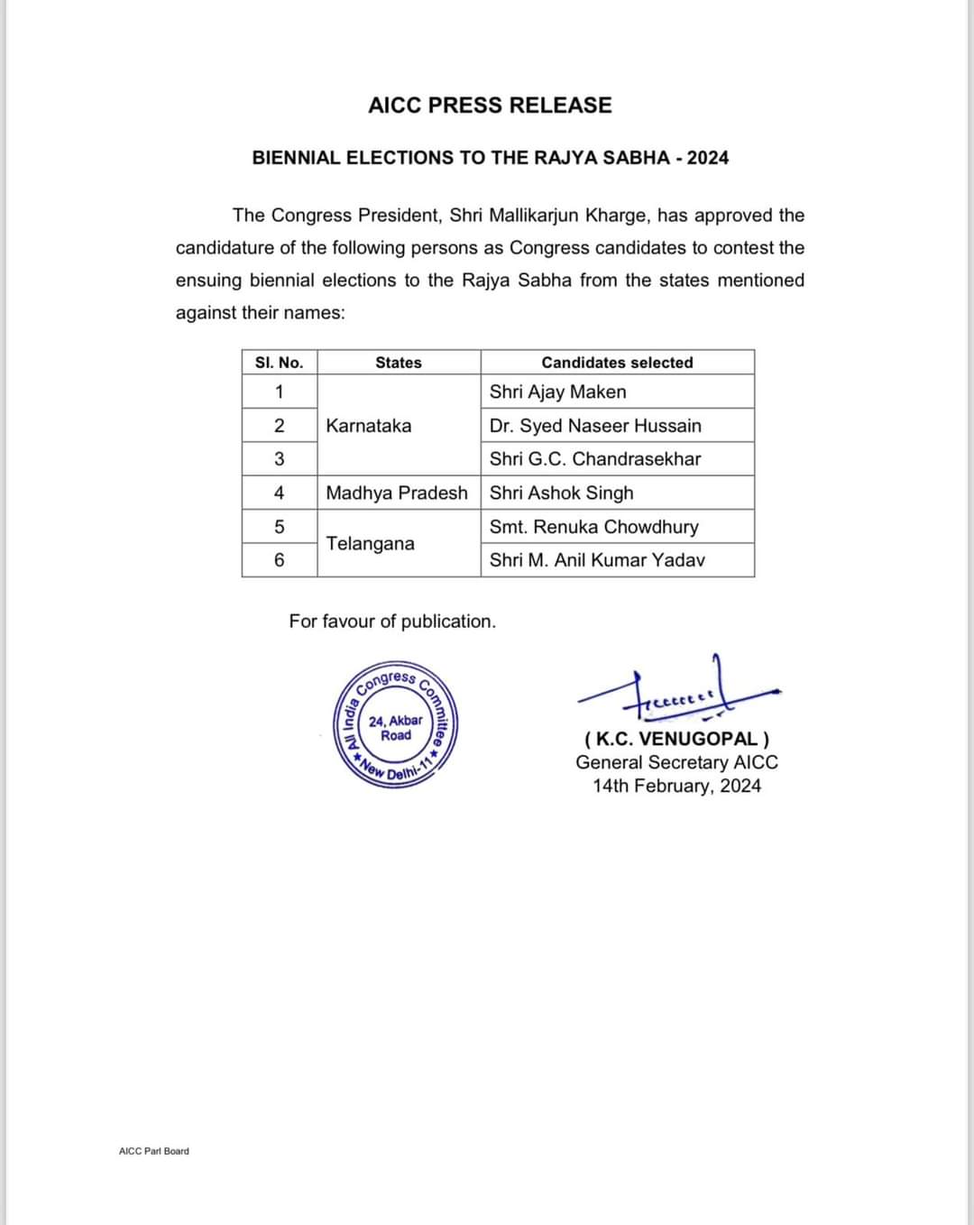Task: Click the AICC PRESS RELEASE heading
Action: tap(490, 106)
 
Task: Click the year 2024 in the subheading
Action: tap(708, 158)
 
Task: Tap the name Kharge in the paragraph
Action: tap(618, 216)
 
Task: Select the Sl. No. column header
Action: tap(279, 363)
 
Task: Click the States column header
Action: tap(398, 363)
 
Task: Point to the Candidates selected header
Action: tap(617, 363)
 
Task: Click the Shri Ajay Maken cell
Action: tap(557, 391)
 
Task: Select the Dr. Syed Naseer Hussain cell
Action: tap(595, 426)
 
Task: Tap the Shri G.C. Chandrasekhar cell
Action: tap(595, 459)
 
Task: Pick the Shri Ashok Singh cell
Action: tap(561, 493)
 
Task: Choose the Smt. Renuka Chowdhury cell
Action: tap(593, 527)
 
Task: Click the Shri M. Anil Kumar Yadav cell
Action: tap(597, 560)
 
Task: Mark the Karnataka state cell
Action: tap(368, 426)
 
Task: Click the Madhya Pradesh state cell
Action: tap(397, 493)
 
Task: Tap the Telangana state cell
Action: tap(370, 544)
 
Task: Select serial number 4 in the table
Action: tap(279, 493)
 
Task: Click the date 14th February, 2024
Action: tap(676, 786)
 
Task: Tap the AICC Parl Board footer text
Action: tap(154, 1151)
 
